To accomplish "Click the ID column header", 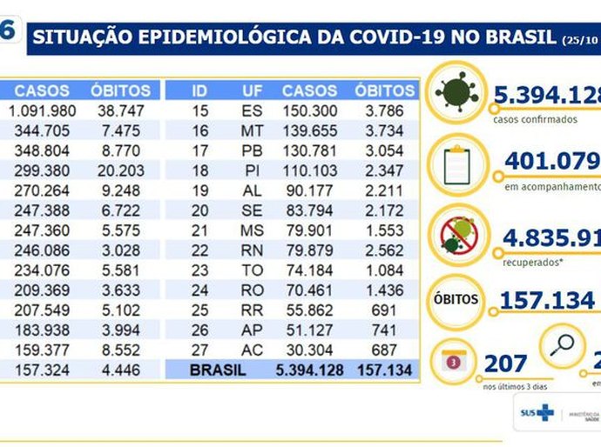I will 199,90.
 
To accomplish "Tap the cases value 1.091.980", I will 43,110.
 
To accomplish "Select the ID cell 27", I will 199,350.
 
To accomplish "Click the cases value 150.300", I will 310,110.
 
